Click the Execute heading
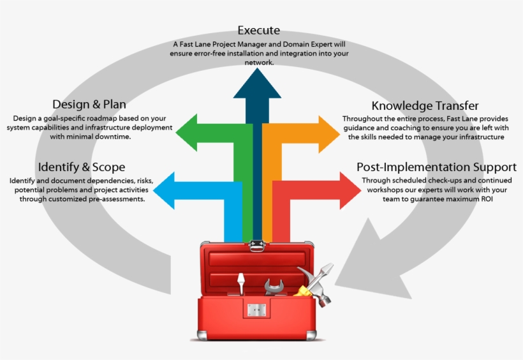click(258, 31)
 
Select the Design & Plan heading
click(89, 105)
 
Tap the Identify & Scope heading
click(81, 167)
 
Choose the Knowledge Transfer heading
click(425, 106)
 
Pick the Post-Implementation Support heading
click(436, 167)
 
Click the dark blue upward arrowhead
click(257, 84)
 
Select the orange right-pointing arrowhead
click(328, 132)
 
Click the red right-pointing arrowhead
click(348, 191)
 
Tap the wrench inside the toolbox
click(276, 287)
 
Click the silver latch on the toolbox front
click(257, 310)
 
